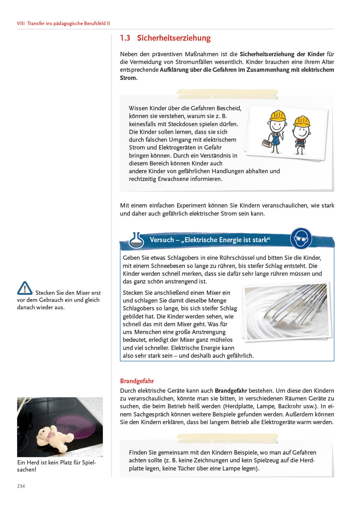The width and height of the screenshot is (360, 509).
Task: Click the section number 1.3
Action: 125,38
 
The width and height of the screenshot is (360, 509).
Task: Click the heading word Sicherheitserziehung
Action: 174,38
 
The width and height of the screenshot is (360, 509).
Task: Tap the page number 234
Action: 21,486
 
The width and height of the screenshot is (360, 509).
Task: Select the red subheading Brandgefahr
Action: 137,381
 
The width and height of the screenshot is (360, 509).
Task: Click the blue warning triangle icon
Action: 25,288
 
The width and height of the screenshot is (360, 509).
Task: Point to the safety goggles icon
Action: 301,239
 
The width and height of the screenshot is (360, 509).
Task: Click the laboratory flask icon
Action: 136,240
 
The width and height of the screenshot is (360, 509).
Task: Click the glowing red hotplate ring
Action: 76,424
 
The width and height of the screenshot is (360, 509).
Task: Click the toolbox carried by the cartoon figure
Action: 267,143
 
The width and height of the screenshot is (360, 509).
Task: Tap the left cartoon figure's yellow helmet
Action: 278,116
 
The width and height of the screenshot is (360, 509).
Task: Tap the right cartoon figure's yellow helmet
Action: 302,122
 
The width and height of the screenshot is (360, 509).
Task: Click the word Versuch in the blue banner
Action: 162,240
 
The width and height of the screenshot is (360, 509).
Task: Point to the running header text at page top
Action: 64,23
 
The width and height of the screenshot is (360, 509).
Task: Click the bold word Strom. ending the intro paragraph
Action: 129,78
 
